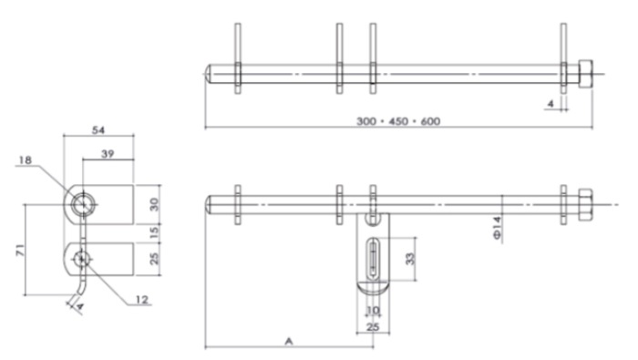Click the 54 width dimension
click(98, 130)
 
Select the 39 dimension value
click(108, 154)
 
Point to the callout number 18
click(25, 159)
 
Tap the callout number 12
click(141, 300)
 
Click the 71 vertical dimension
click(20, 250)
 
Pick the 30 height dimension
click(154, 204)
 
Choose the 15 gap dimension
click(154, 232)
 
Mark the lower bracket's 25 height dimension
click(154, 259)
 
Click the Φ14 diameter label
click(497, 228)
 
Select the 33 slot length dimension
click(410, 259)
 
